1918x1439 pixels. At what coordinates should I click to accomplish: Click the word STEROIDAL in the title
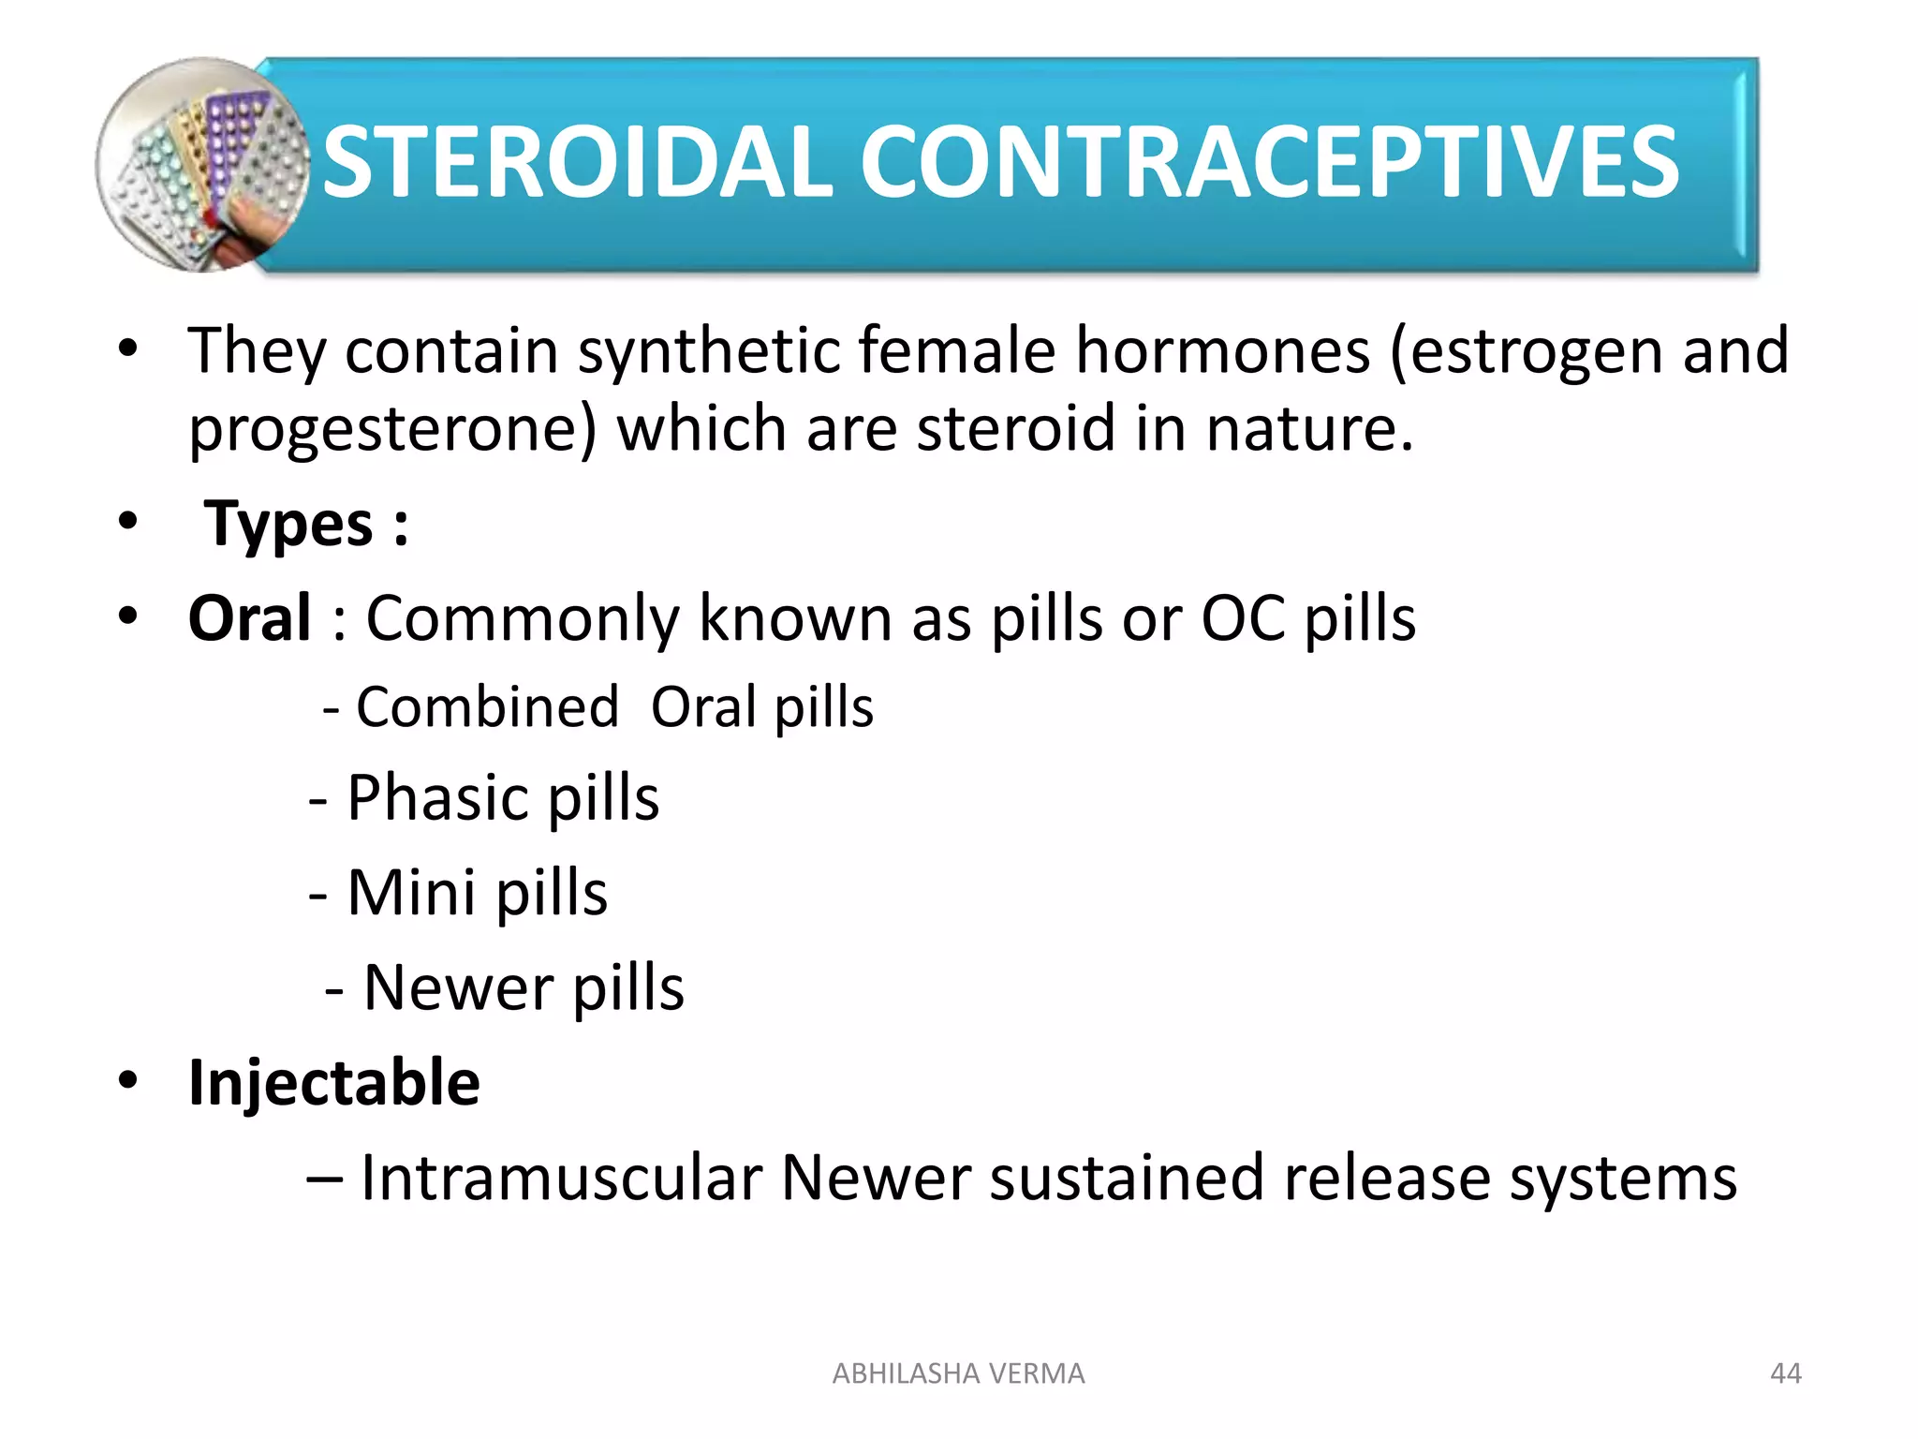click(x=577, y=163)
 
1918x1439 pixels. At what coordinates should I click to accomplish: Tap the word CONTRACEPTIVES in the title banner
click(x=1269, y=163)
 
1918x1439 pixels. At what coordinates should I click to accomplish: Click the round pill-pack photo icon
click(x=200, y=165)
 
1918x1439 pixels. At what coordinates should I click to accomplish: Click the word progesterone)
click(x=392, y=430)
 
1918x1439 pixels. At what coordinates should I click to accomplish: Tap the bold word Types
click(x=289, y=524)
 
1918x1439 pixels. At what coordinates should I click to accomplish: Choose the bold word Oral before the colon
click(x=249, y=618)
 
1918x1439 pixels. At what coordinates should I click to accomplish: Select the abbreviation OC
click(x=1242, y=618)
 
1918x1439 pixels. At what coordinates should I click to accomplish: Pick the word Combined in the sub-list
click(x=487, y=706)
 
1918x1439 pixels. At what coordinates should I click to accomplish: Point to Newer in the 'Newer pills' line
click(x=458, y=987)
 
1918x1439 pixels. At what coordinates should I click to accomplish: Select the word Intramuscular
click(x=561, y=1178)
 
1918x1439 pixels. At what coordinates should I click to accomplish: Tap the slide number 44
click(x=1785, y=1373)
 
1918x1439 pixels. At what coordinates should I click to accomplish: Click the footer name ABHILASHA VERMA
click(x=958, y=1373)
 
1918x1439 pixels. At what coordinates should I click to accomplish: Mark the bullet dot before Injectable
click(x=128, y=1080)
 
